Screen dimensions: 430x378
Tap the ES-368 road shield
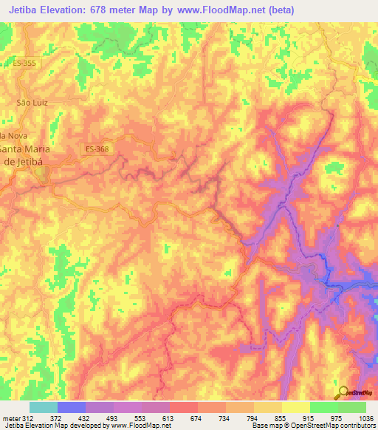(x=97, y=149)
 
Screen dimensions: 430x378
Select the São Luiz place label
(x=32, y=102)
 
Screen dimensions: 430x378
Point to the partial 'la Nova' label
(x=13, y=135)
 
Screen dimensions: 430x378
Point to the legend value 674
(x=196, y=417)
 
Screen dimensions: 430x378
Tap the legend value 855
(x=280, y=417)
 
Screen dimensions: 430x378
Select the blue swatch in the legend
(x=72, y=407)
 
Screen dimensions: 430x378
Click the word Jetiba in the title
(x=23, y=10)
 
